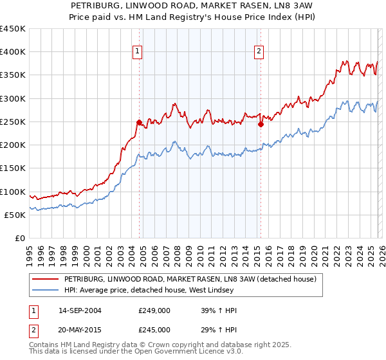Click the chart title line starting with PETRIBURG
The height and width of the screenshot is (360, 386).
(x=192, y=5)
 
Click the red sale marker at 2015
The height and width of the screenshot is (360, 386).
(x=261, y=124)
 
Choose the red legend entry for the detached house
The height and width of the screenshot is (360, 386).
(x=190, y=280)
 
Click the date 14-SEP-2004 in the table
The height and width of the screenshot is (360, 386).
(x=80, y=310)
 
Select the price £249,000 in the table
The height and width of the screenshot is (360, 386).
(x=154, y=310)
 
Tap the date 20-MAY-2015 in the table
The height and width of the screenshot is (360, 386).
(x=80, y=329)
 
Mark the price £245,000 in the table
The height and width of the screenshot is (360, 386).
(x=154, y=329)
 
